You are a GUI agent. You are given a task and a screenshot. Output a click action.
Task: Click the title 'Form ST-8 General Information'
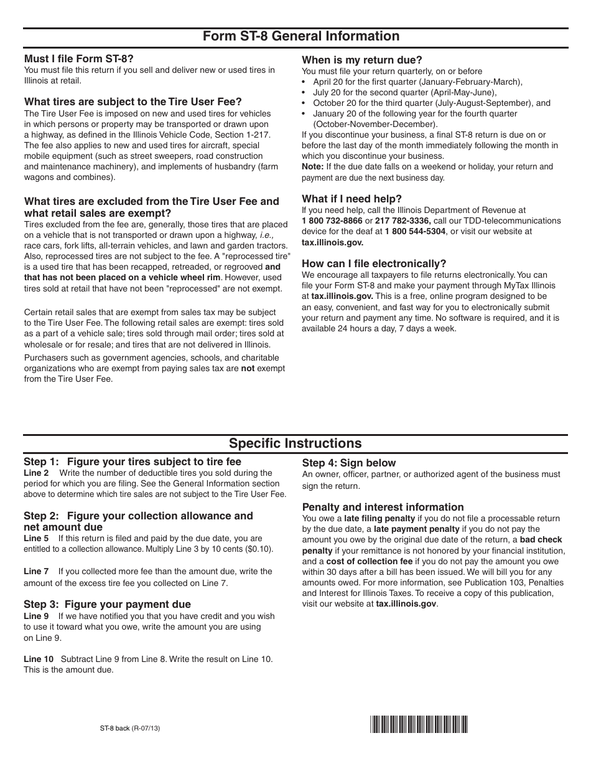click(x=301, y=36)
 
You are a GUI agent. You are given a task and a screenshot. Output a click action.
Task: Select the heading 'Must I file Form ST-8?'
click(x=78, y=59)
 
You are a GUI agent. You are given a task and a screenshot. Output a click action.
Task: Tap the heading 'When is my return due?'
click(x=362, y=60)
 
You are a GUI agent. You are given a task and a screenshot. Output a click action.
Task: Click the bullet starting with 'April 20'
click(x=417, y=82)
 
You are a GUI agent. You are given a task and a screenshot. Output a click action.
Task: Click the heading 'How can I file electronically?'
click(x=374, y=263)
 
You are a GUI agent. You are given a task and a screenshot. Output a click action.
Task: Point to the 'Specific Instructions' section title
click(x=295, y=443)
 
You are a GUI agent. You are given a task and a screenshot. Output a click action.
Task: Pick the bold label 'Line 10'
click(x=39, y=659)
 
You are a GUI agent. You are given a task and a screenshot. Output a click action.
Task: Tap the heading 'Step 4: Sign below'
click(x=348, y=463)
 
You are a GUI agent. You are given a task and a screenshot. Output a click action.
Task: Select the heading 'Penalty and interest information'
click(x=383, y=507)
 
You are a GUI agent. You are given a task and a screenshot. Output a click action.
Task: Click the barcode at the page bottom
click(x=419, y=725)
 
